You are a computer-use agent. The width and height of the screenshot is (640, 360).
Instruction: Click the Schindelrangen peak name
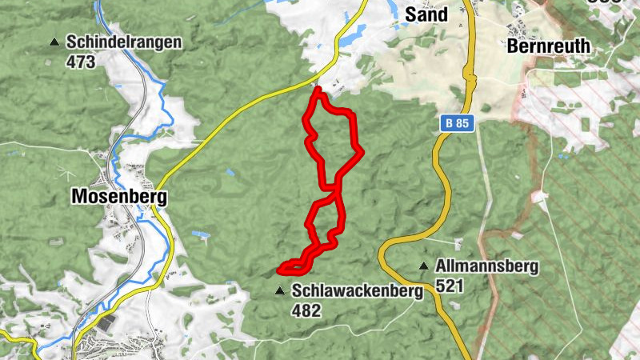(124, 42)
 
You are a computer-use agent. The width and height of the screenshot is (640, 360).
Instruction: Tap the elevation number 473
(81, 61)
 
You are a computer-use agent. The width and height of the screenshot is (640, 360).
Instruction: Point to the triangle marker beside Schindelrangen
(54, 42)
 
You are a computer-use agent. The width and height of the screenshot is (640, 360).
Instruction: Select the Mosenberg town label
(118, 196)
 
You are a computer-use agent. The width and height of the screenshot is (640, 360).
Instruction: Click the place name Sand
(426, 14)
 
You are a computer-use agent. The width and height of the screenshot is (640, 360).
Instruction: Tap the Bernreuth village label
(549, 46)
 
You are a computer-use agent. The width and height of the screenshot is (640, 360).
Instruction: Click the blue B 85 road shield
(457, 123)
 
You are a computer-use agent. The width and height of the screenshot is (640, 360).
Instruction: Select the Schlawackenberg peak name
(357, 291)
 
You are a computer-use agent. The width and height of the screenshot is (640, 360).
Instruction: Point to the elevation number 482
(306, 310)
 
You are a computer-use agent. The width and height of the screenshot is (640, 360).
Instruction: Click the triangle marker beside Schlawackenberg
(279, 291)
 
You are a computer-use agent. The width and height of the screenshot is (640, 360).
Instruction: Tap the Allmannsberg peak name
(487, 266)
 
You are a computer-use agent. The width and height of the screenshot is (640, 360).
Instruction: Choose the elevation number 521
(450, 285)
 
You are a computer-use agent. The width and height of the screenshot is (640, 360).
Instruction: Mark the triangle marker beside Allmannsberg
(423, 266)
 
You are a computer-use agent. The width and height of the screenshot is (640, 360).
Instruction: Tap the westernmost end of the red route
(280, 269)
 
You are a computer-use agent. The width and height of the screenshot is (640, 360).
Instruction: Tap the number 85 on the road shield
(462, 123)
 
